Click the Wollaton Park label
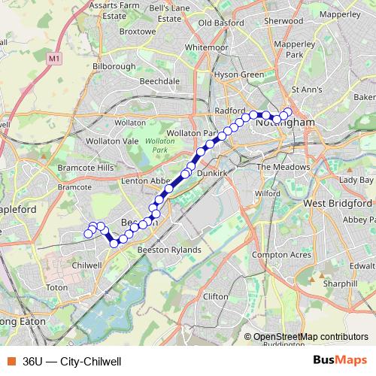pyautogui.click(x=159, y=146)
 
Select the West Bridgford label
pyautogui.click(x=338, y=204)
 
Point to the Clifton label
pyautogui.click(x=215, y=297)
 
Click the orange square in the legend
pyautogui.click(x=11, y=361)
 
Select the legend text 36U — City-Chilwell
pyautogui.click(x=72, y=361)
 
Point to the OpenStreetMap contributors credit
pyautogui.click(x=305, y=337)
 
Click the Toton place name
pyautogui.click(x=57, y=287)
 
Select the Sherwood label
pyautogui.click(x=283, y=21)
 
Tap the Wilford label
pyautogui.click(x=267, y=194)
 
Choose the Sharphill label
pyautogui.click(x=340, y=284)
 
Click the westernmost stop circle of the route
pyautogui.click(x=88, y=234)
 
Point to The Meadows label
pyautogui.click(x=283, y=167)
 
